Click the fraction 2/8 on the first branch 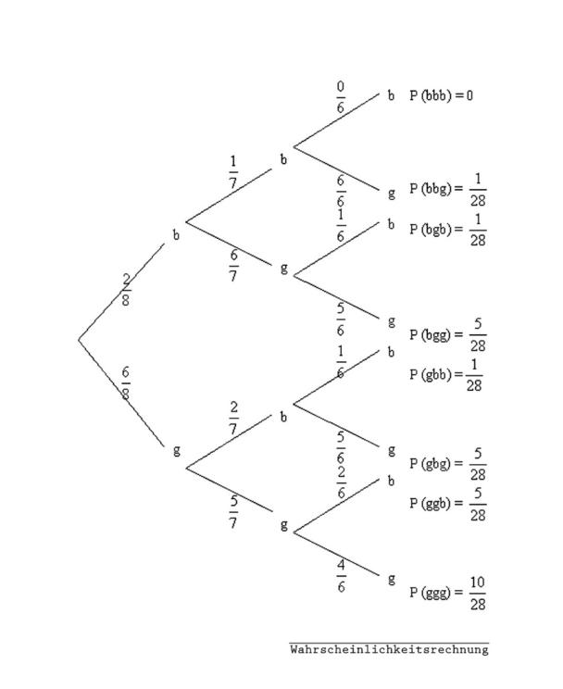pos(126,290)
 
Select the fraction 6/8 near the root pos(126,383)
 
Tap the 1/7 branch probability pos(233,172)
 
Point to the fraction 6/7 pos(233,266)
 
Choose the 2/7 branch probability pos(233,418)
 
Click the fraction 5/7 pos(233,511)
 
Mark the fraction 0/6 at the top pos(341,97)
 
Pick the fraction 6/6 pos(341,191)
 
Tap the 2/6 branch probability pos(341,482)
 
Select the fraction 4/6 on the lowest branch pos(341,576)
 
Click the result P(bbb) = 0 pos(441,95)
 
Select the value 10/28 pos(478,594)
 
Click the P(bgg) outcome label pos(431,335)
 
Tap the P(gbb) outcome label pos(431,375)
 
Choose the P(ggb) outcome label pos(431,503)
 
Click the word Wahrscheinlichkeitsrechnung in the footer pos(390,649)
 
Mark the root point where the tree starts pos(79,340)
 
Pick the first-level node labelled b pos(176,235)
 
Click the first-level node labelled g pos(176,451)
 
